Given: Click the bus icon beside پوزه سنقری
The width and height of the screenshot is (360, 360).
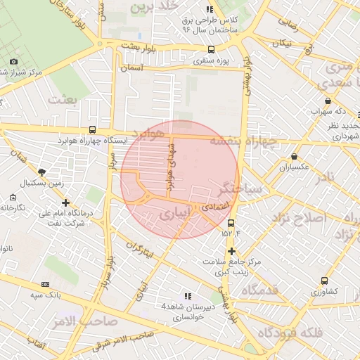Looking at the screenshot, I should click(212, 50).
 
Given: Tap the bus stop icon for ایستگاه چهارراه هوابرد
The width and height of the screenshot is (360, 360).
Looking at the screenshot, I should click(93, 130).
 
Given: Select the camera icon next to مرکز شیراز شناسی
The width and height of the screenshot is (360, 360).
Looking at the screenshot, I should click(13, 61).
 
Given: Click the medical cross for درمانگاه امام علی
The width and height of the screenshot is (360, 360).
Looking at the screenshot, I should click(65, 202).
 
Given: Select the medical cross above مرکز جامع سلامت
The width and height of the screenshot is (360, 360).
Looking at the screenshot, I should click(231, 250).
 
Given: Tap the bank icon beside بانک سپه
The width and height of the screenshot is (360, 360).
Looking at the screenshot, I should click(46, 284).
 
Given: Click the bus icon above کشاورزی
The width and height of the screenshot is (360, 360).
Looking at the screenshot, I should click(324, 280).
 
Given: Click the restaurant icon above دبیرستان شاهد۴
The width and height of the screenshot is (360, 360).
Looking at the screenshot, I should click(187, 296).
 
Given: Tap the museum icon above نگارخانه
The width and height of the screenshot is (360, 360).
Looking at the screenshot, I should click(14, 198).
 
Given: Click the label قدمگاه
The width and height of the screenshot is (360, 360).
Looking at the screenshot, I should click(261, 290).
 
